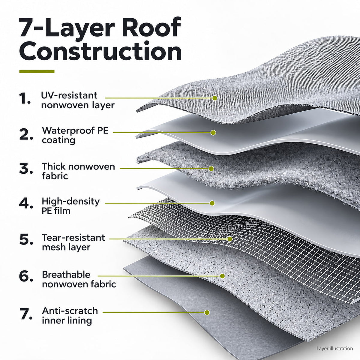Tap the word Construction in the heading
point(100,51)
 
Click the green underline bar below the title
point(37,71)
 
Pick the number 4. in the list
point(26,203)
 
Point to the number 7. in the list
point(26,314)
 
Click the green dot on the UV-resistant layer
point(215,98)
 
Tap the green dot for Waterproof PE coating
point(213,133)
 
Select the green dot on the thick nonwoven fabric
point(211,169)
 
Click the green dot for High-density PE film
point(212,203)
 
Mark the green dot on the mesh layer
point(230,239)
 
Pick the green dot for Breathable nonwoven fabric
point(222,276)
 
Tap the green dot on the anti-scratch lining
point(207,313)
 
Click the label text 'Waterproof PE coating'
point(75,135)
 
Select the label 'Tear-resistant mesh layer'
point(73,242)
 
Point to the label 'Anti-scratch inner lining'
point(70,316)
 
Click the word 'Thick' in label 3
point(54,166)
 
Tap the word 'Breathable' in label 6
point(66,274)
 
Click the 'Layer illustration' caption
point(334,349)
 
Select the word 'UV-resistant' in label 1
point(69,95)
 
